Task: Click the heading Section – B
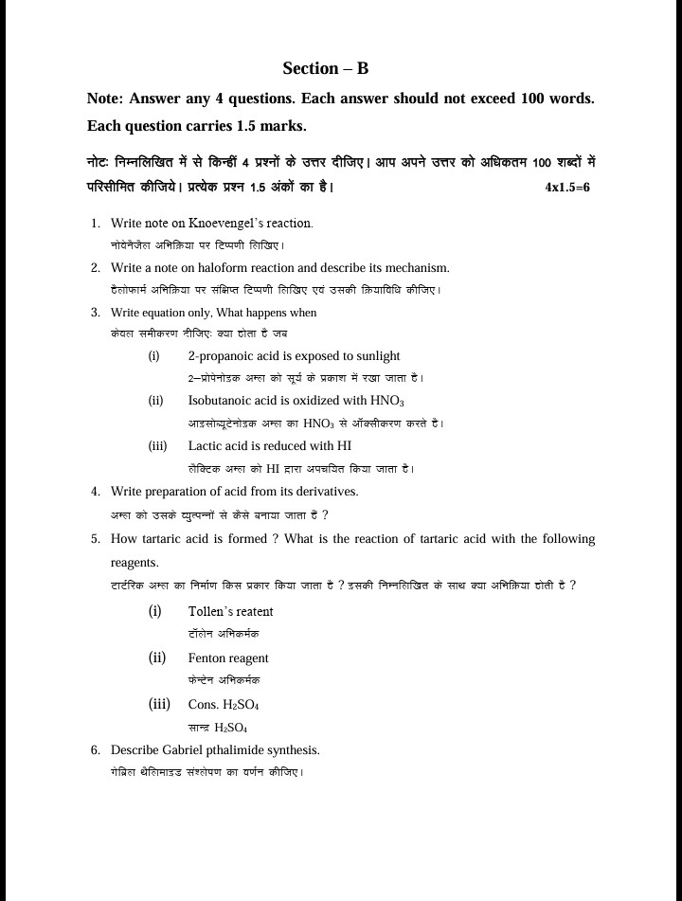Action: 325,68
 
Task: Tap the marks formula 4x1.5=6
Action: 567,188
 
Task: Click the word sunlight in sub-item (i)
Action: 376,356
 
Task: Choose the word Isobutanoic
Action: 219,401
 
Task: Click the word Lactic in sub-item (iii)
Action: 205,445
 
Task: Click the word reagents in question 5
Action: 135,562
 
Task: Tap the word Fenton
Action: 206,658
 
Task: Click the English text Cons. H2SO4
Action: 224,705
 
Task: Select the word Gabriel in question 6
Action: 176,749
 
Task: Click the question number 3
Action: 96,313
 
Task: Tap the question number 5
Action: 96,539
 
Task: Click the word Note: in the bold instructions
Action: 105,99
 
